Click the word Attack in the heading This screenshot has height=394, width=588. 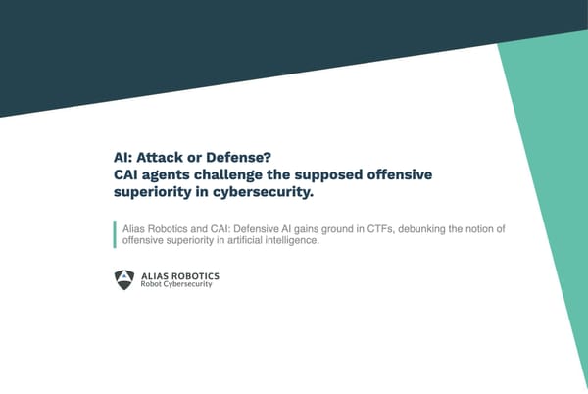pos(163,158)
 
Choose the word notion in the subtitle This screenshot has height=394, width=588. pos(508,229)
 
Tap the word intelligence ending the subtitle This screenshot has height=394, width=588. pos(290,241)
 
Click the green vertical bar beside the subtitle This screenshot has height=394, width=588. pos(114,235)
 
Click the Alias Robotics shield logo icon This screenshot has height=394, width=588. pos(124,278)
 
